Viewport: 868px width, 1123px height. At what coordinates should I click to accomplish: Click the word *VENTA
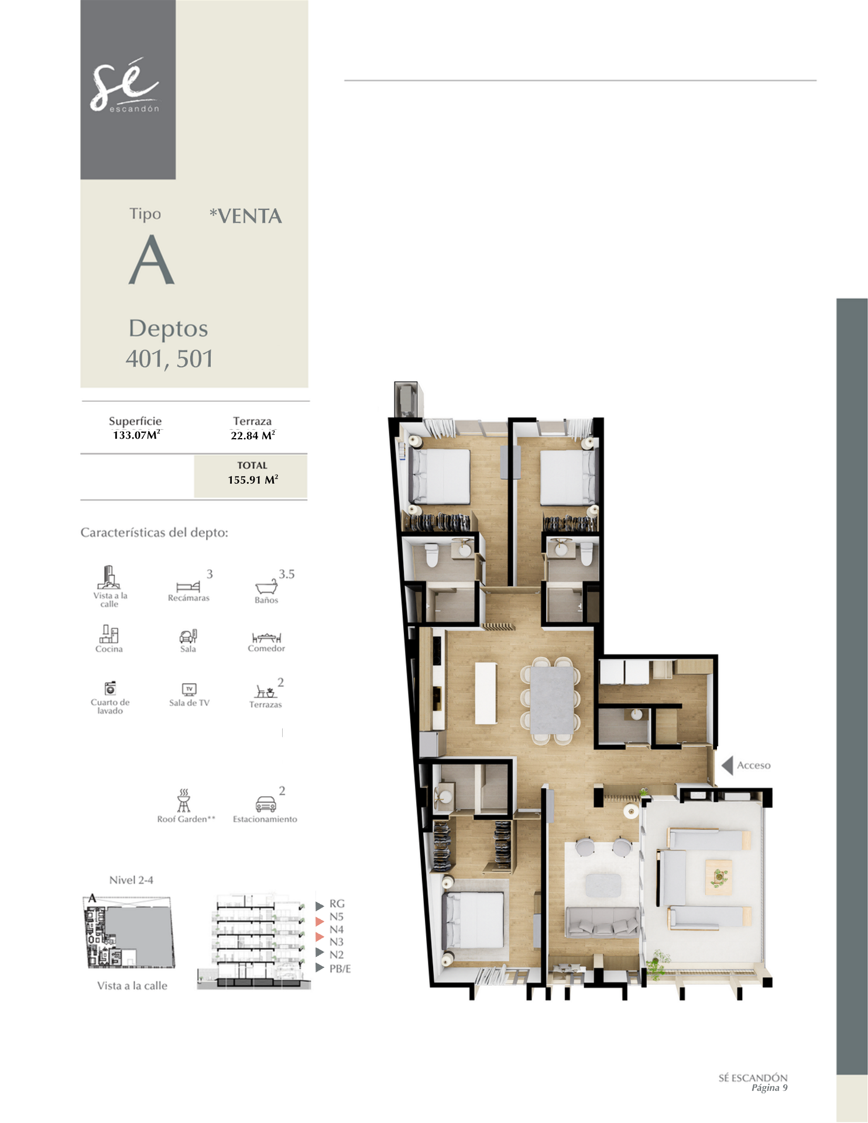pos(246,216)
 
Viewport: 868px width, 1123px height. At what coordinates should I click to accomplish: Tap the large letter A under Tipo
pos(152,260)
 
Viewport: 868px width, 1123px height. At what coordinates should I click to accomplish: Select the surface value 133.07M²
pos(136,435)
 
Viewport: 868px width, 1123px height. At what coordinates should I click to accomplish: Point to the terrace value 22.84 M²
pos(253,435)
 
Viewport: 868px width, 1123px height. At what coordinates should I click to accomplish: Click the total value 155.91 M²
pos(253,480)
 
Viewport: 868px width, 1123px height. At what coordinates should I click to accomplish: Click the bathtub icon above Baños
pos(266,587)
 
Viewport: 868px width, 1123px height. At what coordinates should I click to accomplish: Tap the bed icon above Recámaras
pos(188,587)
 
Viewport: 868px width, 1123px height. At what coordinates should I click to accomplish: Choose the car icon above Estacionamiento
pos(265,804)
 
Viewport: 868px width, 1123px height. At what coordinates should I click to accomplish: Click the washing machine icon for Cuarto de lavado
pos(110,688)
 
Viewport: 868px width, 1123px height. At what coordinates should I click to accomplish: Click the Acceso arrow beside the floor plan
pos(728,765)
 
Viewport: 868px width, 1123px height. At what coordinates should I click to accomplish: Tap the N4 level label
pos(337,929)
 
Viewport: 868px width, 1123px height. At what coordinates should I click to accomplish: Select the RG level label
pos(337,904)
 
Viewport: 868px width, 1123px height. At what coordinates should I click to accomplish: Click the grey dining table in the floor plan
pos(553,699)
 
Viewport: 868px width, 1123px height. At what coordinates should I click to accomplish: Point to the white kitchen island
pos(486,693)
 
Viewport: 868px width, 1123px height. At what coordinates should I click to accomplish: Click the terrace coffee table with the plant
pos(718,877)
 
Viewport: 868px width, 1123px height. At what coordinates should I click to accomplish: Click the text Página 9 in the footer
pos(770,1088)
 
